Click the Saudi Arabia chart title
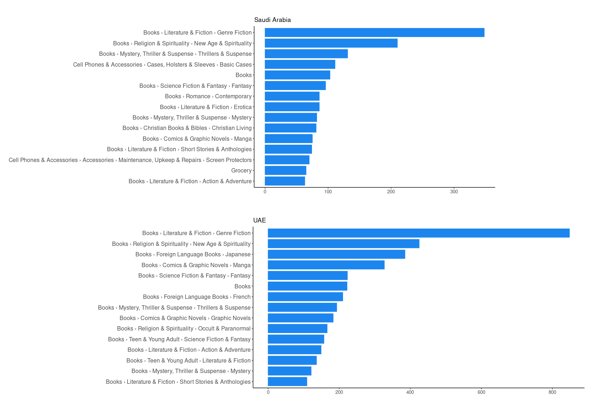click(x=272, y=20)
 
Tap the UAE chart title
click(x=259, y=220)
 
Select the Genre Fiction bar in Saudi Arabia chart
click(x=374, y=32)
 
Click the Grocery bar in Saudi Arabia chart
click(x=285, y=171)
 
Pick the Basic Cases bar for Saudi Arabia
click(x=300, y=64)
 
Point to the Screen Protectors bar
click(x=287, y=160)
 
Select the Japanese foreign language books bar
click(x=336, y=254)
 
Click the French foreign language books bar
click(x=305, y=297)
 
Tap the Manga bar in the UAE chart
click(x=326, y=265)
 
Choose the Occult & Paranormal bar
click(x=298, y=329)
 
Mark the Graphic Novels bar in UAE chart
click(x=300, y=318)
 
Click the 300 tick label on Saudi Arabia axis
click(x=454, y=192)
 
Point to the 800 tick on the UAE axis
click(x=552, y=392)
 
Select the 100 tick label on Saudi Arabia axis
click(x=328, y=192)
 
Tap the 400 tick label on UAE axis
click(x=410, y=392)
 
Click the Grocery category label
click(x=241, y=171)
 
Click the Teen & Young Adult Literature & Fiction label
click(x=188, y=360)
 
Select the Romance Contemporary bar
click(x=292, y=96)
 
